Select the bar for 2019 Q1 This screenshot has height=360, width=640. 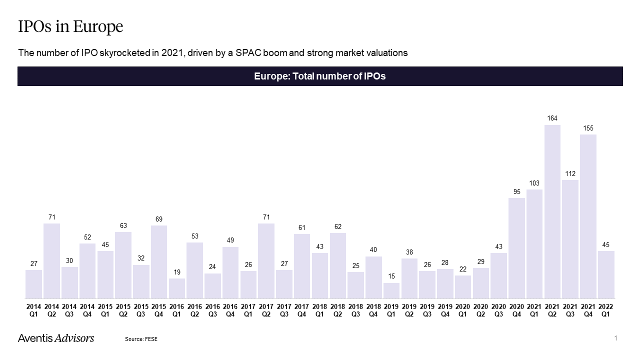coord(391,290)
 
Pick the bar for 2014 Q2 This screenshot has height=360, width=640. coord(51,261)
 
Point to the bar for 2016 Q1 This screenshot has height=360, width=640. coord(177,288)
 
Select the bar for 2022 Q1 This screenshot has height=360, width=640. coord(606,274)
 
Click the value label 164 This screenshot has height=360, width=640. coord(552,118)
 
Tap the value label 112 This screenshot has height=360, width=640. coord(570,173)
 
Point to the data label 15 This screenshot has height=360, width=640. coord(391,276)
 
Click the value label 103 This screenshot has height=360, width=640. coord(534,183)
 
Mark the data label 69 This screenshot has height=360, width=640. coord(159,219)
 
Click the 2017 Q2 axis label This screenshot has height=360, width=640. coord(266,310)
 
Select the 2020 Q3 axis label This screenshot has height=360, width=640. coord(498,310)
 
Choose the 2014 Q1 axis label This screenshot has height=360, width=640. coord(33,310)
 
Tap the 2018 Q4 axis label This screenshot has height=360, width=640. coord(373,310)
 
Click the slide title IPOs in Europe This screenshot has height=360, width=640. coord(70,26)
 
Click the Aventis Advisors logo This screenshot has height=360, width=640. coord(56,338)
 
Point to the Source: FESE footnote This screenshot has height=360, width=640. coord(141,339)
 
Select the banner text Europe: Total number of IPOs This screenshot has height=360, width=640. coord(320,76)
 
